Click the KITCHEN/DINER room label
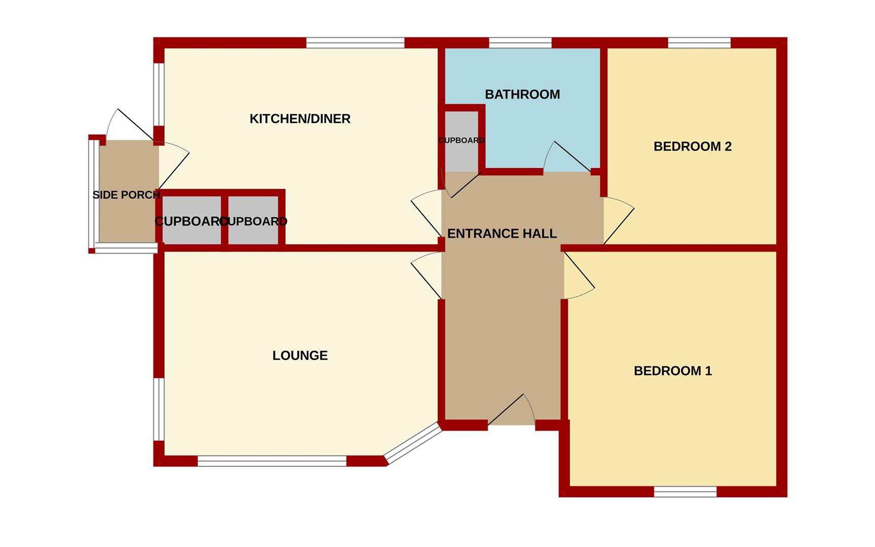[x=300, y=119]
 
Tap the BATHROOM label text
[x=522, y=95]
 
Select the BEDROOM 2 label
[x=692, y=147]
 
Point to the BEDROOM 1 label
[x=672, y=371]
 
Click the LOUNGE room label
[x=300, y=356]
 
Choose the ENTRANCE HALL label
[x=502, y=233]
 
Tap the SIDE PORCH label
[x=126, y=195]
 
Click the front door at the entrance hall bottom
[x=512, y=410]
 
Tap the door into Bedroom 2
[x=618, y=223]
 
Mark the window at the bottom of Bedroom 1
[x=685, y=491]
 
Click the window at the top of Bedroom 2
[x=699, y=43]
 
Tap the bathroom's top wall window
[x=520, y=43]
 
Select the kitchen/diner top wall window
[x=355, y=43]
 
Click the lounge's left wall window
[x=159, y=409]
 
